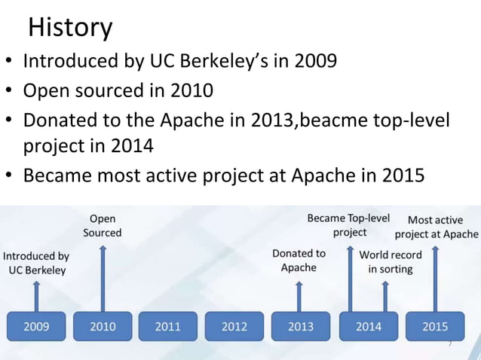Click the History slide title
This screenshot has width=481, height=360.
70,28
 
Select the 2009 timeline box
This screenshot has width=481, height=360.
36,326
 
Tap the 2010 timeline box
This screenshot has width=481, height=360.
103,326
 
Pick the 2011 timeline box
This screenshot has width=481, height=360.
168,326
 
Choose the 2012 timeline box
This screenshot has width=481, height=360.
234,326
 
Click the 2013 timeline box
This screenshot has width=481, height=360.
301,326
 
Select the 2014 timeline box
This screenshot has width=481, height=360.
369,326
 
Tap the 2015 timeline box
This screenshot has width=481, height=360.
435,326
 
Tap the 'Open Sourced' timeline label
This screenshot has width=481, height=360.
103,226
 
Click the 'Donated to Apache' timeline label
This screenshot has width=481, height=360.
299,261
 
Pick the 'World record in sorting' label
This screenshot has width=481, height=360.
391,262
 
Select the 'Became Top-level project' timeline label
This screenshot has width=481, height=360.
349,225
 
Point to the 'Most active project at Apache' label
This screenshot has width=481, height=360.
436,227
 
